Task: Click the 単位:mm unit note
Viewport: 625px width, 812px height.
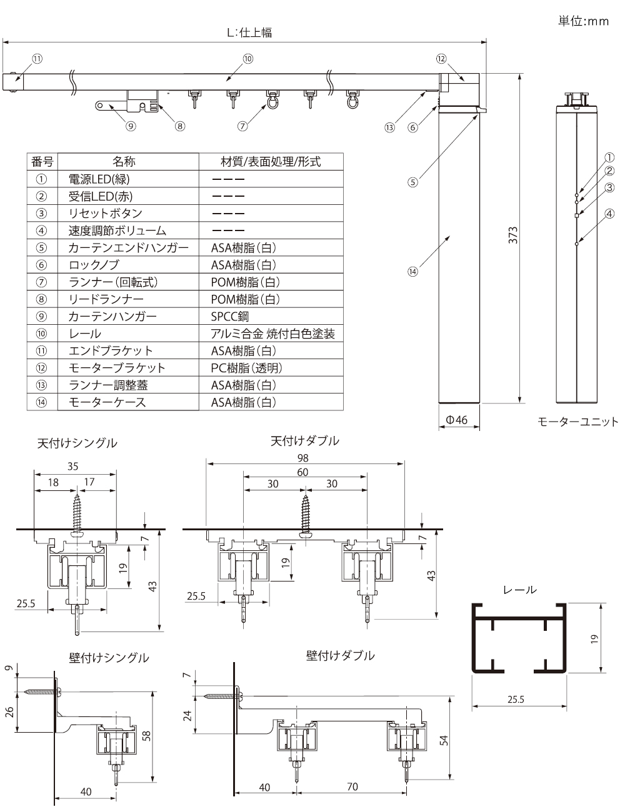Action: (582, 21)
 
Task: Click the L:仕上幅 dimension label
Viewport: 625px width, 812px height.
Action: (249, 32)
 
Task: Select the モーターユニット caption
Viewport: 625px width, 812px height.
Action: (577, 422)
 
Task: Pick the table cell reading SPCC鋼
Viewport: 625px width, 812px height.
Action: (230, 317)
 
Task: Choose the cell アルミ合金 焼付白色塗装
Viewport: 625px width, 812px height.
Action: (272, 334)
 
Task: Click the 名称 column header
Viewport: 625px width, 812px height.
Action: (124, 162)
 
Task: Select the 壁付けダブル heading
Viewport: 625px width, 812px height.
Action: (340, 655)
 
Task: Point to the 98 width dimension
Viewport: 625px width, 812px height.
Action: (304, 458)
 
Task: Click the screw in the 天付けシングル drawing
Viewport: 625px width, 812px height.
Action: (77, 510)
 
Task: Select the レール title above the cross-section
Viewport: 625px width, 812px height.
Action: (519, 590)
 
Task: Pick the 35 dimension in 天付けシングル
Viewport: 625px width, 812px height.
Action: (74, 466)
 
